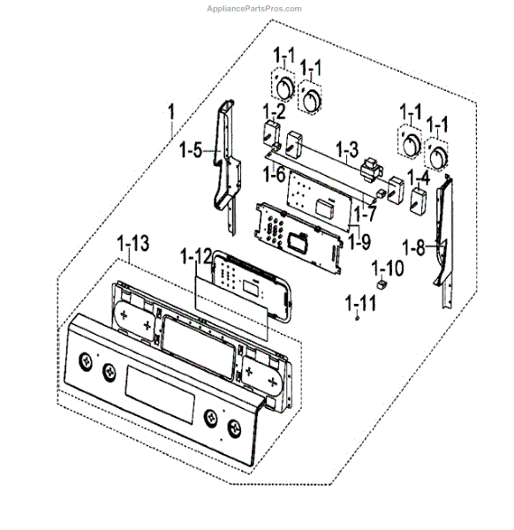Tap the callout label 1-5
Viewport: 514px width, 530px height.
click(x=190, y=151)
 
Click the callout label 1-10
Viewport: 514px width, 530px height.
click(x=387, y=266)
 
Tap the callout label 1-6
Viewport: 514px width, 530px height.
click(x=274, y=174)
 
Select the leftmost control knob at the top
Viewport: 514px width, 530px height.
click(x=284, y=90)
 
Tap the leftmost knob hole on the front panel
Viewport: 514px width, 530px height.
click(x=85, y=361)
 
